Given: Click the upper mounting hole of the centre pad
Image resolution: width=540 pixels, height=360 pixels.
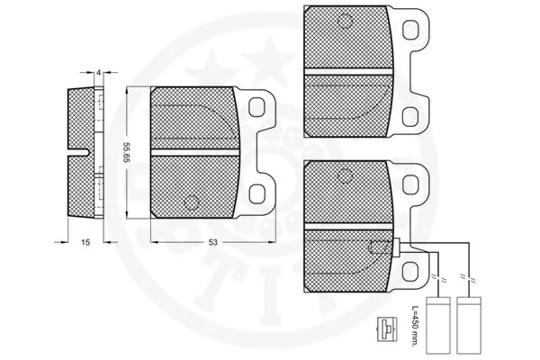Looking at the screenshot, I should point(257,108).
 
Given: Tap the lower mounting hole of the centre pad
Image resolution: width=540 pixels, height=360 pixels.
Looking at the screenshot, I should point(257,193).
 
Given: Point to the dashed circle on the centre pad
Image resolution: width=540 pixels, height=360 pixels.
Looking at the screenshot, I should point(190,201).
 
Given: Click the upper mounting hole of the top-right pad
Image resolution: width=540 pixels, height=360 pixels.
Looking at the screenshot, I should point(412,29).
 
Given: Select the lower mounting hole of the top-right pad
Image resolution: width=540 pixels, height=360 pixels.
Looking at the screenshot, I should point(412,114).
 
